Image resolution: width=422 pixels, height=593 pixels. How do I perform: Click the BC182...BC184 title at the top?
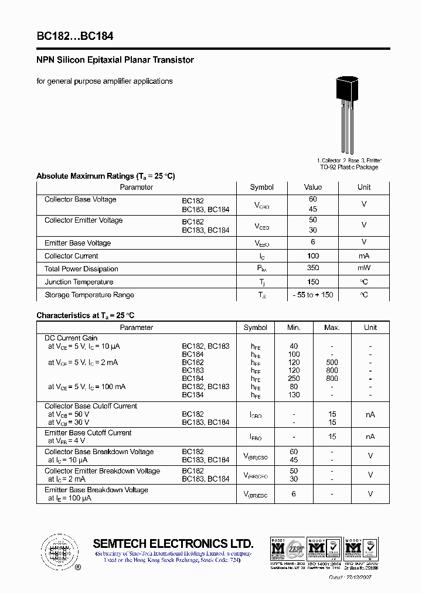pos(75,36)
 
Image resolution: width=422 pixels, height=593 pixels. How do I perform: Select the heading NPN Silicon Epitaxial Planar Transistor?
pos(115,60)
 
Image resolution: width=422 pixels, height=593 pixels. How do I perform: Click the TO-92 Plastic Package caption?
pos(349,167)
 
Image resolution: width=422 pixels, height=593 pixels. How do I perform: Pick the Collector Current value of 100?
pos(313,256)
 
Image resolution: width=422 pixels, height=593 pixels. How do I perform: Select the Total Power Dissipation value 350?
pos(313,268)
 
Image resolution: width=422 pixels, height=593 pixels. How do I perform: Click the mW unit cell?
pos(364,268)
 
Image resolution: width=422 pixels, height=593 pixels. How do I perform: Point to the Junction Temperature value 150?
pos(313,282)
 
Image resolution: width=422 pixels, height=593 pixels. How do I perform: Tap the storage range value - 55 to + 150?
pos(313,295)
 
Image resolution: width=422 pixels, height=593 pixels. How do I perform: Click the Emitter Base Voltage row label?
pos(77,243)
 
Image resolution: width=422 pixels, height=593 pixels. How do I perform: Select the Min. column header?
pos(294,328)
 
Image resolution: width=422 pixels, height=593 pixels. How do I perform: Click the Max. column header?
pos(332,328)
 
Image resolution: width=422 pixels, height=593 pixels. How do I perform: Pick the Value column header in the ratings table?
pos(313,188)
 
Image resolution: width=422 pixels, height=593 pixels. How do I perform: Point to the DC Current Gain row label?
pos(71,338)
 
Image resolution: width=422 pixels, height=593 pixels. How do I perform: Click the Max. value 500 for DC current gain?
pos(332,363)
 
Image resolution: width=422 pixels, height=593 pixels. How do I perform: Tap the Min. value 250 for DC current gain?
pos(294,379)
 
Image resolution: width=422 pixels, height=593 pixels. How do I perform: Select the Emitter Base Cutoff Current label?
pos(88,433)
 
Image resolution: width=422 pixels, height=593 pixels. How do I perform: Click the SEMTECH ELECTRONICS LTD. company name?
pos(173,543)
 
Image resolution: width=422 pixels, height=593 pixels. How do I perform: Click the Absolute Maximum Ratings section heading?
pos(105,176)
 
